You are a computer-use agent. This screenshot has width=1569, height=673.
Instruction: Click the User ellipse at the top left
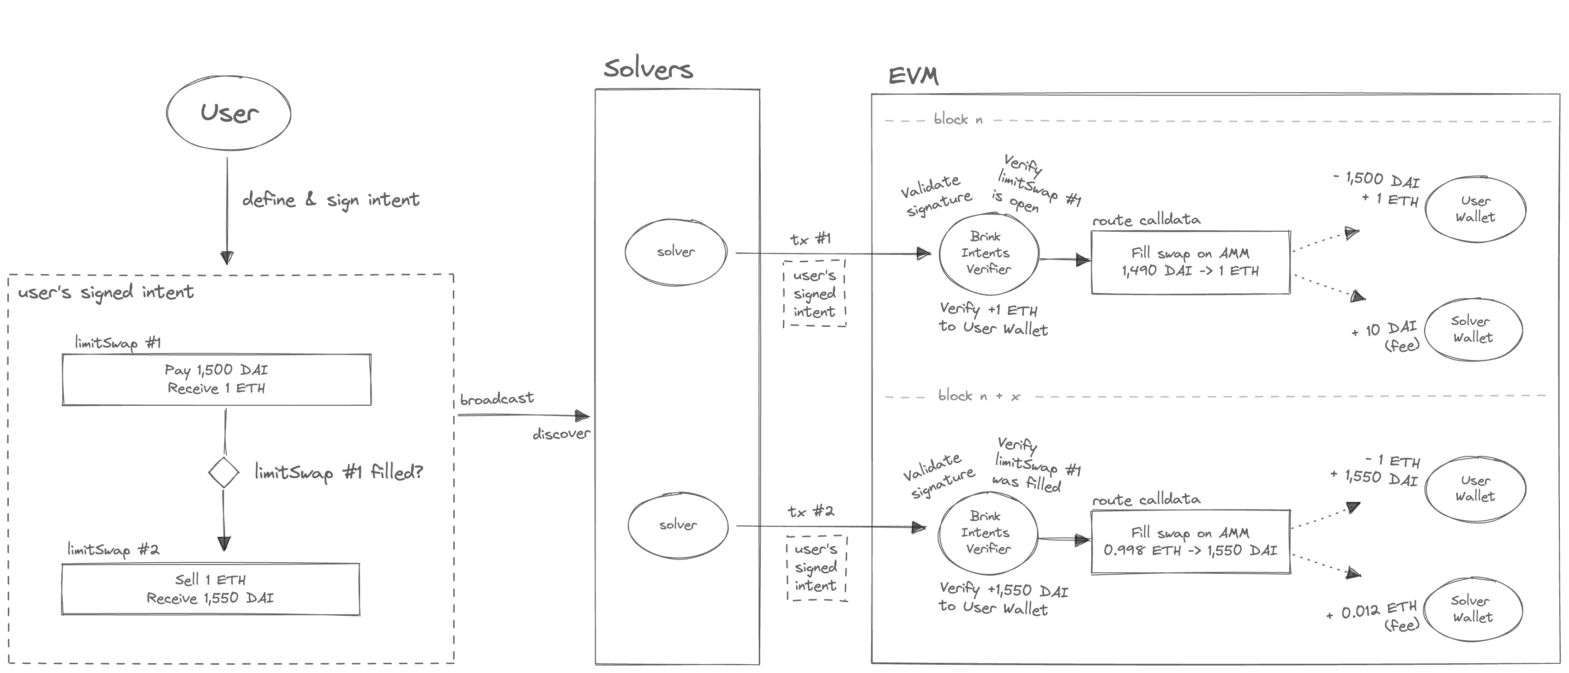[x=227, y=113]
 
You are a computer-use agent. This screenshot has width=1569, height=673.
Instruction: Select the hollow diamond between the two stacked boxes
[x=223, y=473]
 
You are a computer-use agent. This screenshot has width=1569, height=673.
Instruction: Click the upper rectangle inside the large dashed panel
[x=216, y=379]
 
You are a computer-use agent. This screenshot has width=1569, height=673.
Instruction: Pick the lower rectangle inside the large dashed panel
[x=210, y=589]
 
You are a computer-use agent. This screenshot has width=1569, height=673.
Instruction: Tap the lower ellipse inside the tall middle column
[x=679, y=526]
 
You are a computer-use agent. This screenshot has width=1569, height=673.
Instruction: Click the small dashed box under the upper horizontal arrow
[x=815, y=294]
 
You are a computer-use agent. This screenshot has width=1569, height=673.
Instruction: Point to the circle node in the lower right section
[x=988, y=532]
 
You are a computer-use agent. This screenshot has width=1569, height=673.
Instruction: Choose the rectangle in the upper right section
[x=1190, y=262]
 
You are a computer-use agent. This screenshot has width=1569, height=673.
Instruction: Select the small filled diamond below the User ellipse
[x=227, y=255]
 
